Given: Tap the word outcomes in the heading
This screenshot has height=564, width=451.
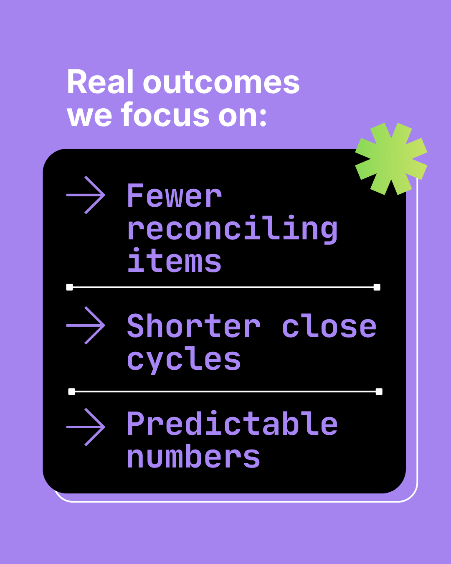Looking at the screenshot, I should [221, 83].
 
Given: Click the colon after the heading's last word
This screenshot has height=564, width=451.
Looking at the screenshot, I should [263, 117].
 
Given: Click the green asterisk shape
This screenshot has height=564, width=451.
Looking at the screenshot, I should [391, 159].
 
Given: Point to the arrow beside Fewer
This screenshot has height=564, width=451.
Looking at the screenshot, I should [86, 195].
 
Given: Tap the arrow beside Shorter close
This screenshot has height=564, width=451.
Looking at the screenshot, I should [86, 325].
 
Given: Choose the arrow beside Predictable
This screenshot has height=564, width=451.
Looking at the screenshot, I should [86, 427].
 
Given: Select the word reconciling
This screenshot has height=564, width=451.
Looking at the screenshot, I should [232, 229].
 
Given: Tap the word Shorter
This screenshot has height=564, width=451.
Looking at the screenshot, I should [194, 326].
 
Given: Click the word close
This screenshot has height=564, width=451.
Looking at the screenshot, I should [329, 326].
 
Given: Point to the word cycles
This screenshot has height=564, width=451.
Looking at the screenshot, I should [184, 360].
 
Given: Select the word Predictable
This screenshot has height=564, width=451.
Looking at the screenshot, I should [232, 424].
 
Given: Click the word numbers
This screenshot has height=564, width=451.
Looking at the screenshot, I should [193, 457].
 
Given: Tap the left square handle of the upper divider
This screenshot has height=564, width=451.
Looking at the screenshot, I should [70, 287].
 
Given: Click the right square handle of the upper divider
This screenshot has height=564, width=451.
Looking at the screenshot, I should [377, 287].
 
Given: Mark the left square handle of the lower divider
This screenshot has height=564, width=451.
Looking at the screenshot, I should [72, 391].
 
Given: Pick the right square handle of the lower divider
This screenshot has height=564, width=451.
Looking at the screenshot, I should [379, 391].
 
